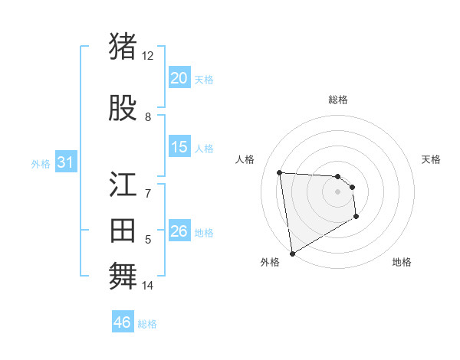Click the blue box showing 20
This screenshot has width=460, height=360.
point(179,78)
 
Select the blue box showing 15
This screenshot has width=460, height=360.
point(179,147)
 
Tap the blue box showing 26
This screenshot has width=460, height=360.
point(179,231)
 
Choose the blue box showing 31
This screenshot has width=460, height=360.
point(65,162)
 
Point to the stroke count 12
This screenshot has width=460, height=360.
point(147,56)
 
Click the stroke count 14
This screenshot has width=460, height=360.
point(147,286)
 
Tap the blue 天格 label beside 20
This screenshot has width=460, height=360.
point(204,79)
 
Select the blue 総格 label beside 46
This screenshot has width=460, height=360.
point(147,324)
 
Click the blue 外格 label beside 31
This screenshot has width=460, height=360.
point(40,163)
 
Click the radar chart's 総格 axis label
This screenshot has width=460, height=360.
point(337,100)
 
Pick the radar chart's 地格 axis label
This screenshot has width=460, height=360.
point(402,262)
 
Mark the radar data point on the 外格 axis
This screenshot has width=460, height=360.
point(291,253)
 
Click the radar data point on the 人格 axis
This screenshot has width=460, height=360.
point(280,172)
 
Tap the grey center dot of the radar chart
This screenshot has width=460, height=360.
point(337,191)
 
